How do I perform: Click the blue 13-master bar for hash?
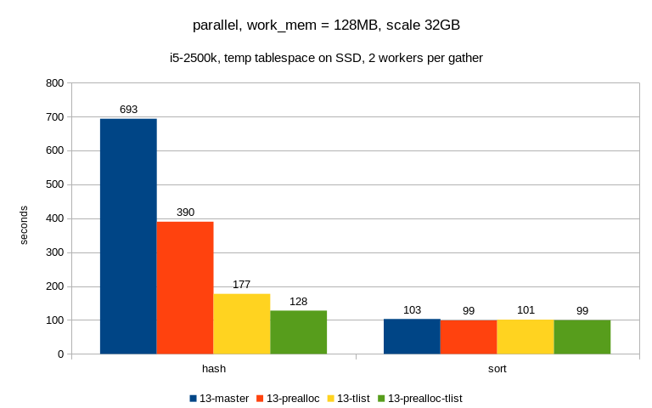pos(128,236)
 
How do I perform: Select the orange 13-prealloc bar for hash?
pos(185,287)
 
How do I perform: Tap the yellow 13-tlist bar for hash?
pos(242,324)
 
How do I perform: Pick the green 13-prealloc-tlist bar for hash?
pos(298,332)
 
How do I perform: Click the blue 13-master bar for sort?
pos(412,337)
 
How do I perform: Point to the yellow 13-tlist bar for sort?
pos(526,337)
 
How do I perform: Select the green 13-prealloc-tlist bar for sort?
pos(582,337)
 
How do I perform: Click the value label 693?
pos(128,110)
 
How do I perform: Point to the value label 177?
pos(242,285)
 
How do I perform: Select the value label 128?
pos(298,302)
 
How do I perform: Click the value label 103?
pos(412,310)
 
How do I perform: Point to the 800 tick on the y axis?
pos(54,83)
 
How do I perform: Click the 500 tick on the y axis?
pos(54,184)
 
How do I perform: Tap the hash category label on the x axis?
pos(214,370)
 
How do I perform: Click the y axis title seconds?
pos(24,225)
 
